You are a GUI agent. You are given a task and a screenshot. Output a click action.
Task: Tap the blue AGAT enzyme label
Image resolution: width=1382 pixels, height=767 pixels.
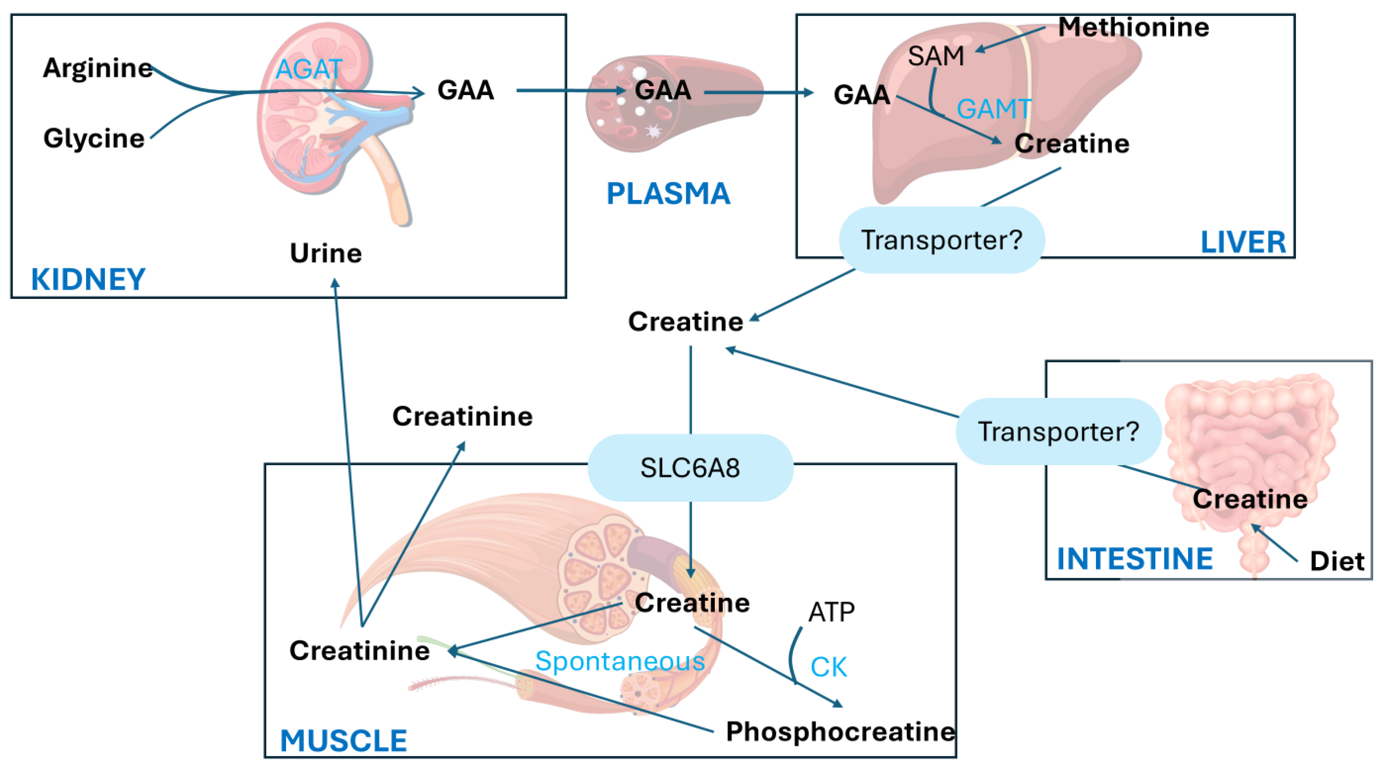tap(309, 69)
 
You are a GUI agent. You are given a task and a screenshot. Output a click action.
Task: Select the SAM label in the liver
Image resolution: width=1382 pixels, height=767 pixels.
tap(936, 56)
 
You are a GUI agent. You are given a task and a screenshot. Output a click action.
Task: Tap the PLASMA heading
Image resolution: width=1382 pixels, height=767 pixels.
tap(668, 194)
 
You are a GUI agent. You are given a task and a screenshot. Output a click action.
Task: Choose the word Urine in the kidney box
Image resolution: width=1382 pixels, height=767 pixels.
tap(326, 253)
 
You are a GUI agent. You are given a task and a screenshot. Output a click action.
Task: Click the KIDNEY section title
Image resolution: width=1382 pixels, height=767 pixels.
tap(89, 279)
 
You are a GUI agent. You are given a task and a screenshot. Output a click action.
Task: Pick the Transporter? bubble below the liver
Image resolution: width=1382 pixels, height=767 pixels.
tap(941, 240)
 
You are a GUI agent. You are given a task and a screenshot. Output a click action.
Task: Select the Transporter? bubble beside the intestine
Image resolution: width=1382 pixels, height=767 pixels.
tap(1058, 431)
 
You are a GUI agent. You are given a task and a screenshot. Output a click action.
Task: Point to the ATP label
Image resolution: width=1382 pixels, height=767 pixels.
tap(831, 612)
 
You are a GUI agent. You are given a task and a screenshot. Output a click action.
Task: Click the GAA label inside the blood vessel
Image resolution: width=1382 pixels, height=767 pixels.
tap(663, 90)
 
